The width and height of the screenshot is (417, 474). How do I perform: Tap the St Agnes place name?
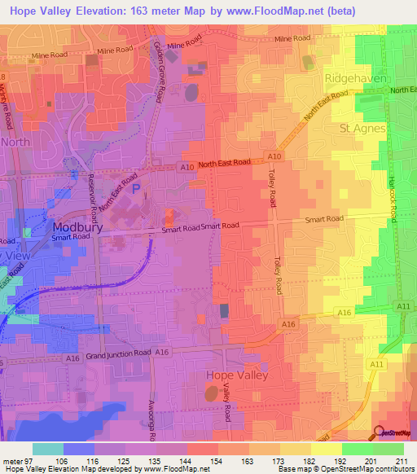click(x=361, y=129)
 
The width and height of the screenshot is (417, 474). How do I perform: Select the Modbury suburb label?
click(x=76, y=227)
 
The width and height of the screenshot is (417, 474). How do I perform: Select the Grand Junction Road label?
click(x=119, y=354)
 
